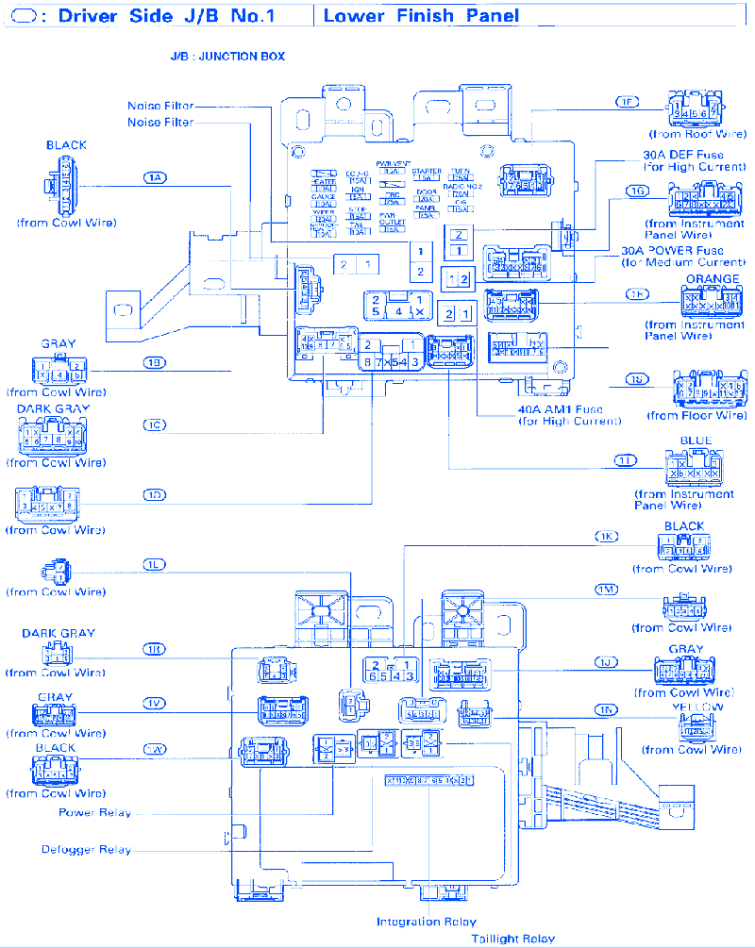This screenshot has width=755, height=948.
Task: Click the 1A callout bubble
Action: pyautogui.click(x=156, y=177)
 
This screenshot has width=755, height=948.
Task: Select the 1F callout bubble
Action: pyautogui.click(x=627, y=101)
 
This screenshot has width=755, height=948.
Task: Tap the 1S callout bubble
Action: pyautogui.click(x=638, y=380)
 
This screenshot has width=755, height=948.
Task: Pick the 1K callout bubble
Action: pyautogui.click(x=606, y=537)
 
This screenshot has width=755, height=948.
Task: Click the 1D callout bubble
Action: pyautogui.click(x=156, y=494)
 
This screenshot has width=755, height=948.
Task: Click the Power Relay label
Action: pyautogui.click(x=95, y=812)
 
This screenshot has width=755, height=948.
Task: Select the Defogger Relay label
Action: pyautogui.click(x=86, y=850)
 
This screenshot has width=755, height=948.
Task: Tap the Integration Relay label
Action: pyautogui.click(x=427, y=922)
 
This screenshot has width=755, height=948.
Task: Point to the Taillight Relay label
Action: pyautogui.click(x=513, y=939)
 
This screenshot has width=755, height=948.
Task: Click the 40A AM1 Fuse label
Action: pyautogui.click(x=560, y=409)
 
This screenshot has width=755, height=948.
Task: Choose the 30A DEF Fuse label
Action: pyautogui.click(x=683, y=155)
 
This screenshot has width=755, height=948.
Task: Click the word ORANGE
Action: pyautogui.click(x=713, y=279)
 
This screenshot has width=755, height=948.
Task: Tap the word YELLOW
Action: pyautogui.click(x=697, y=707)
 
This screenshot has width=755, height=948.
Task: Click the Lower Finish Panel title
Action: pyautogui.click(x=421, y=16)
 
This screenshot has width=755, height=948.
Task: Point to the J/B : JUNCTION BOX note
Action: pyautogui.click(x=227, y=57)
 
